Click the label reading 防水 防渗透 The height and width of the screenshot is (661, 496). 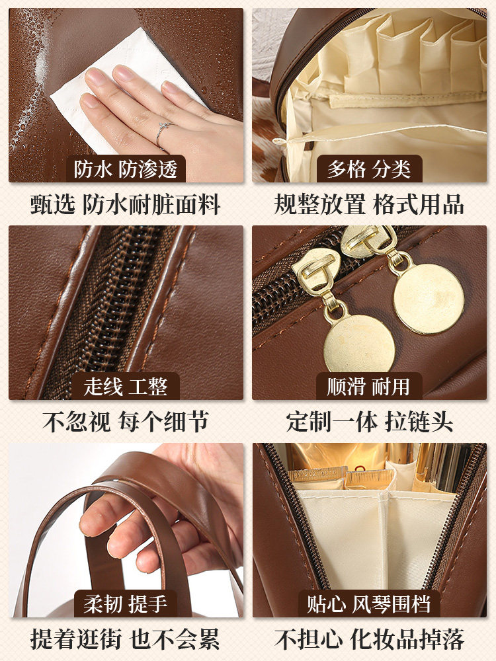pos(126,169)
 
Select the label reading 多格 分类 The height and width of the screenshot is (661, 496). pos(369,169)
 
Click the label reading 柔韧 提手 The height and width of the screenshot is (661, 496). pos(126,603)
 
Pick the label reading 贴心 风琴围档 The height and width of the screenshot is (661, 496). pos(369,603)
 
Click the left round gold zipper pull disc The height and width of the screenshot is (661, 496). pos(359,342)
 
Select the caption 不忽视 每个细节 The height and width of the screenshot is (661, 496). pos(126,422)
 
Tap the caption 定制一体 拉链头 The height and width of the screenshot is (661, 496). pos(369,422)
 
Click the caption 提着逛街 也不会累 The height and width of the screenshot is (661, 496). pos(126,639)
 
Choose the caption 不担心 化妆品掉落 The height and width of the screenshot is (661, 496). pos(369,639)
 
